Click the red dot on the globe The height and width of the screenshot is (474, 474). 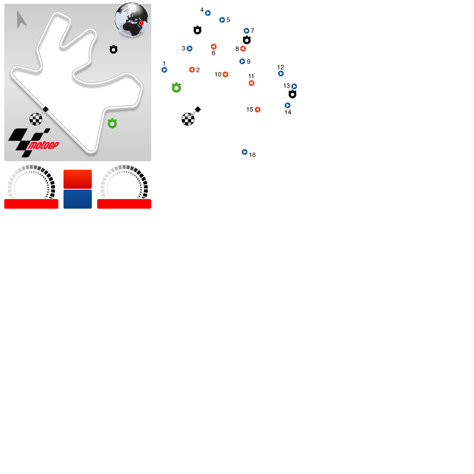pyautogui.click(x=141, y=23)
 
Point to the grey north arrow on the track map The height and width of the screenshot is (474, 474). pyautogui.click(x=21, y=19)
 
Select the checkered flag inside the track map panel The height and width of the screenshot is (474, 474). pyautogui.click(x=36, y=119)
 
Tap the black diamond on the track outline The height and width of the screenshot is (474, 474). pyautogui.click(x=46, y=109)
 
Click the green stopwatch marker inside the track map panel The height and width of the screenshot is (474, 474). pyautogui.click(x=112, y=124)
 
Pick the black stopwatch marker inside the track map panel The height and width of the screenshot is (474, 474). pyautogui.click(x=113, y=49)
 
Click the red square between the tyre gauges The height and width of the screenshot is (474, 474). pyautogui.click(x=78, y=179)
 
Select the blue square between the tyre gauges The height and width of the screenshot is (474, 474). pyautogui.click(x=78, y=199)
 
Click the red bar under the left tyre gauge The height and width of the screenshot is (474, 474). pyautogui.click(x=31, y=204)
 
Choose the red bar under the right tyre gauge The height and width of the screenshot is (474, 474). pyautogui.click(x=124, y=204)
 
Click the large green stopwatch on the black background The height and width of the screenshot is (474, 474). pyautogui.click(x=176, y=88)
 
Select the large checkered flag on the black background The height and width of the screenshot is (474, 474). pyautogui.click(x=188, y=119)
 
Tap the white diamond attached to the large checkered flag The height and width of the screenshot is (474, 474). pyautogui.click(x=198, y=109)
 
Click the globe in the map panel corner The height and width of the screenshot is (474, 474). pyautogui.click(x=131, y=19)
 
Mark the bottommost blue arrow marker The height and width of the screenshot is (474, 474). pyautogui.click(x=245, y=152)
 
